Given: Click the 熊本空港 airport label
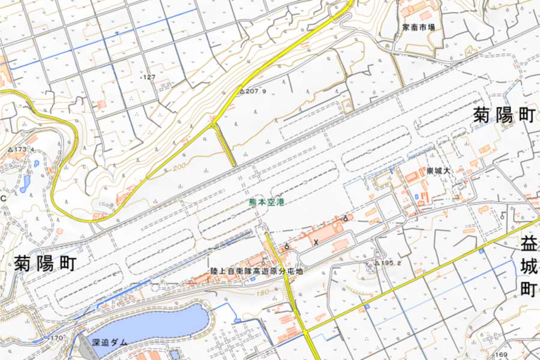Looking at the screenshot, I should pyautogui.click(x=267, y=203).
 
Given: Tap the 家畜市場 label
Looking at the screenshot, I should pyautogui.click(x=419, y=28).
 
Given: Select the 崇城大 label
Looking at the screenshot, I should pyautogui.click(x=438, y=172).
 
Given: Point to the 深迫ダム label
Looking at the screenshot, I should pyautogui.click(x=110, y=342).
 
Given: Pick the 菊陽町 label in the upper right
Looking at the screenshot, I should pyautogui.click(x=503, y=116).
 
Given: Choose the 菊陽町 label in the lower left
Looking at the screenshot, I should pyautogui.click(x=46, y=263).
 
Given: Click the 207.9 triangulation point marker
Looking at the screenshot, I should pyautogui.click(x=242, y=92).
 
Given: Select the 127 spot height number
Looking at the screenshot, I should pyautogui.click(x=148, y=77).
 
